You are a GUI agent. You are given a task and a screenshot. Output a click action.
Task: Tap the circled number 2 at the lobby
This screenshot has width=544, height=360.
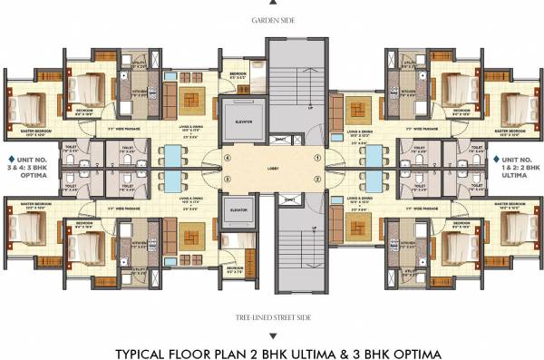coord(316,179)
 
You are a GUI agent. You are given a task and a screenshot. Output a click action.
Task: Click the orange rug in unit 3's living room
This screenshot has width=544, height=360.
coord(192,238)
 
